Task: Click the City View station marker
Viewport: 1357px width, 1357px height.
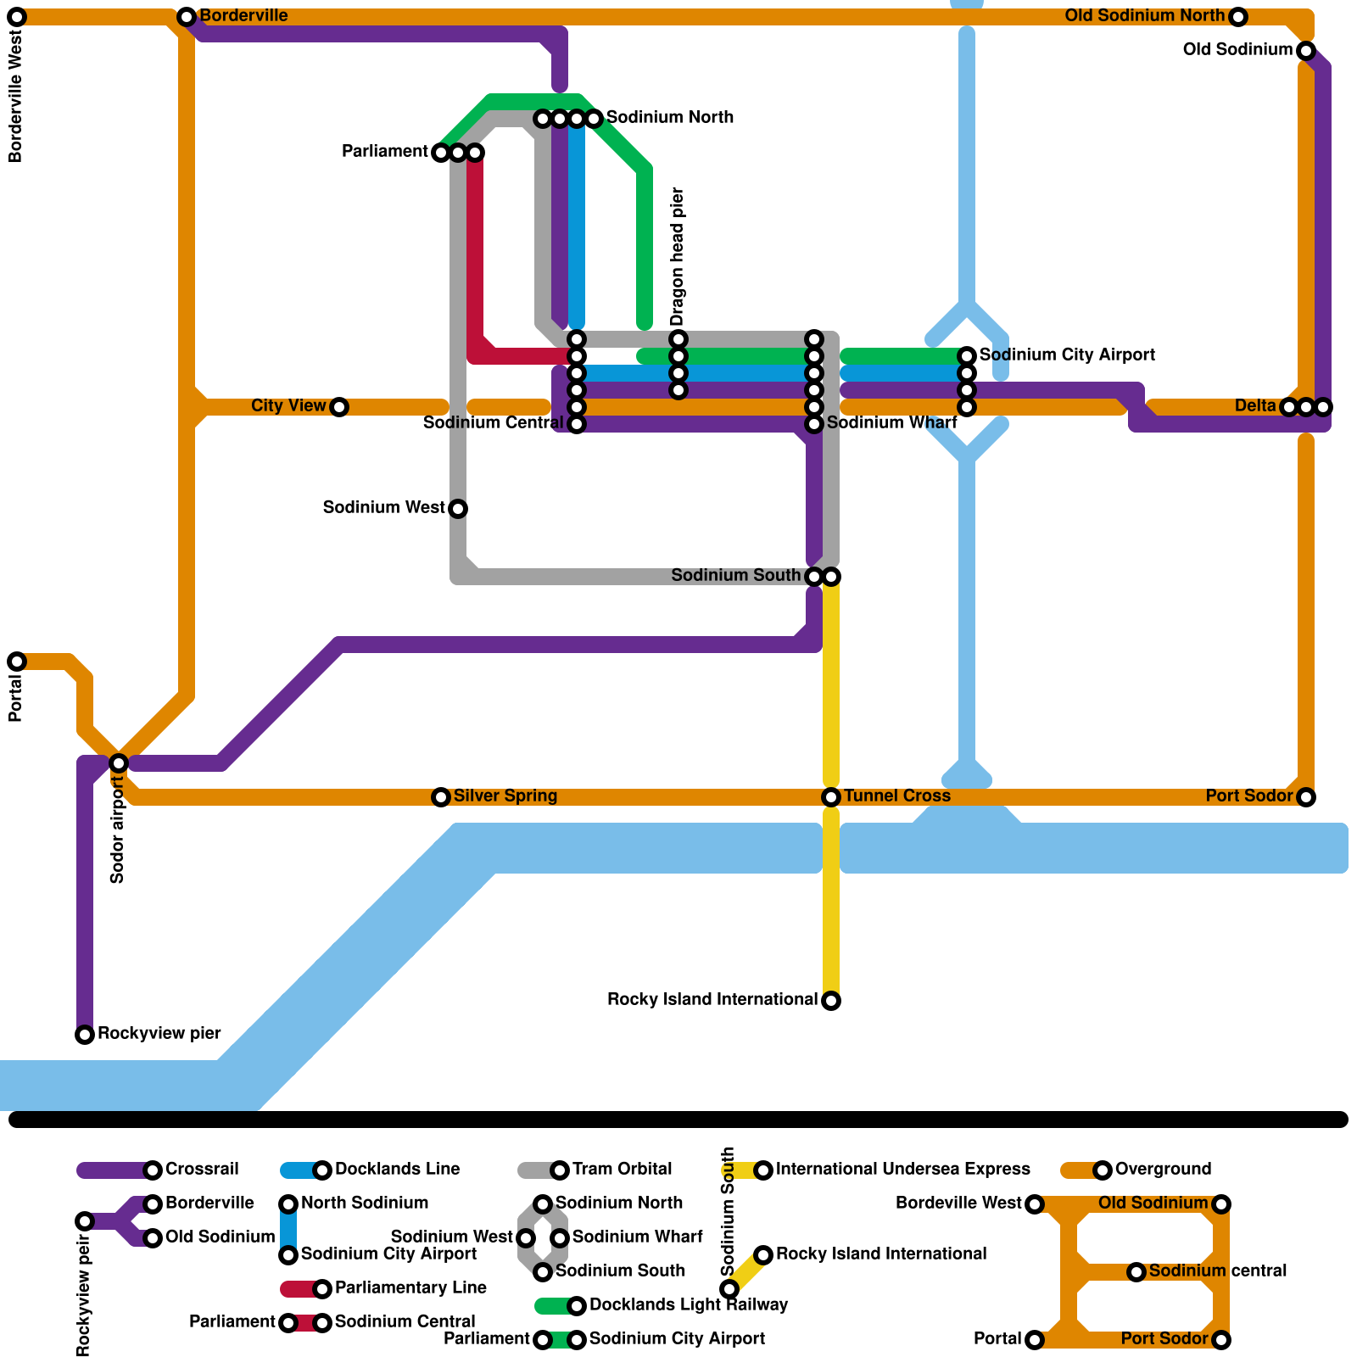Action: tap(339, 407)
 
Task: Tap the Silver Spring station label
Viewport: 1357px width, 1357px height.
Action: tap(505, 796)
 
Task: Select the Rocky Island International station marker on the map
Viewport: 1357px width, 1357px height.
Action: tap(831, 1001)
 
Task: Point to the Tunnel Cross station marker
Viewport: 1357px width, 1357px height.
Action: tap(831, 797)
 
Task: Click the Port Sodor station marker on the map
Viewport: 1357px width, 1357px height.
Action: tap(1306, 797)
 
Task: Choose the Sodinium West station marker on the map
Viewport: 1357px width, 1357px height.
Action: tap(458, 509)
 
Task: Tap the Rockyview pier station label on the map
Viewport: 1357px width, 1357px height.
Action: tap(159, 1034)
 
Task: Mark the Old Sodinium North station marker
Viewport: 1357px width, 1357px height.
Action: tap(1238, 17)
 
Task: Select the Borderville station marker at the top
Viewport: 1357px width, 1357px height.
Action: tap(187, 17)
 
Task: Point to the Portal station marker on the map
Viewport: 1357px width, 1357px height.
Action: tap(17, 662)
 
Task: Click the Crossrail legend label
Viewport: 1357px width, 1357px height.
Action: tap(202, 1170)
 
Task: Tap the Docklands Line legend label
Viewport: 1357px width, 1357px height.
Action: tap(397, 1170)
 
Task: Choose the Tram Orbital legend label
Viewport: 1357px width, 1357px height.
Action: tap(622, 1170)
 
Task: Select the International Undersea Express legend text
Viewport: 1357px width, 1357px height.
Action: tap(902, 1170)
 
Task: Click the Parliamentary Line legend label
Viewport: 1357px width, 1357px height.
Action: tap(410, 1288)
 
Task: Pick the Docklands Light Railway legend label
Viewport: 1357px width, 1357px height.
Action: tap(689, 1305)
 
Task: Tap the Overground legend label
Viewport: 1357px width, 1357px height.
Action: tap(1163, 1170)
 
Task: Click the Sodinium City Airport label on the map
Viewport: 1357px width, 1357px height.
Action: tap(1067, 355)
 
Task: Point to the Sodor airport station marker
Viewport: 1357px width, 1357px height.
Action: tap(119, 763)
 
